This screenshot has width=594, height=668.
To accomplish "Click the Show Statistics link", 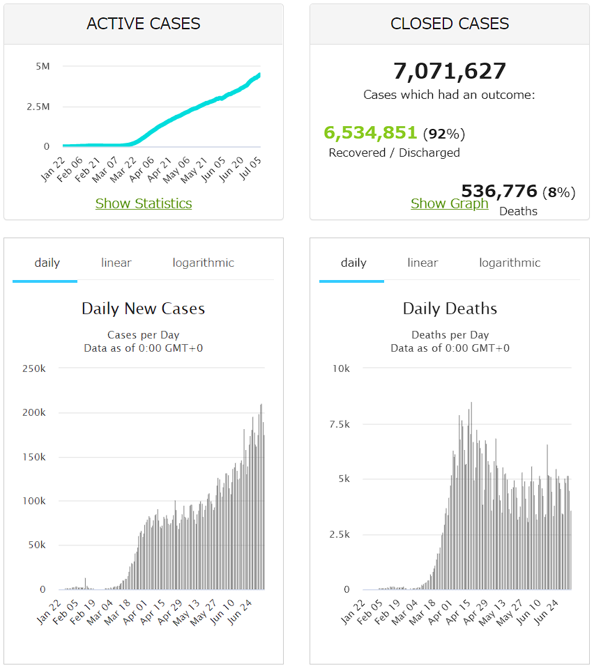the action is pos(144,203).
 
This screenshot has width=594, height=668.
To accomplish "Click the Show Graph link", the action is pos(450,203).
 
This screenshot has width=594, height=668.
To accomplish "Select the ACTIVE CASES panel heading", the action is pos(144,24).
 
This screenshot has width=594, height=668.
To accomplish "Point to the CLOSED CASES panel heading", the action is pos(450,24).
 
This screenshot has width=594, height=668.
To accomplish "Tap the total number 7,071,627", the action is pos(450,71).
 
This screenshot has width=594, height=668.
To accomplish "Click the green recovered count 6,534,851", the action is pos(370,132).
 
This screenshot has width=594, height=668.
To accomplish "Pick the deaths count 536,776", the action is pos(499,191).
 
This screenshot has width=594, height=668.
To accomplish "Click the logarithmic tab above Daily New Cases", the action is pos(203,263).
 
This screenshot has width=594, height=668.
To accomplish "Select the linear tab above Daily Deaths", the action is pos(422,263).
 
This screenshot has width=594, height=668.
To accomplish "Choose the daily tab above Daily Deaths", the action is pos(353,263).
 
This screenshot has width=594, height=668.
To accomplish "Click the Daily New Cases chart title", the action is pos(144,309).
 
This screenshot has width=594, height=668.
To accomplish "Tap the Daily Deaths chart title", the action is pos(450,309).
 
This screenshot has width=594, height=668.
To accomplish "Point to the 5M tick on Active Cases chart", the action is pos(43,66).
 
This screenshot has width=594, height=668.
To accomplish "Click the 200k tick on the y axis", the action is pos(33,412).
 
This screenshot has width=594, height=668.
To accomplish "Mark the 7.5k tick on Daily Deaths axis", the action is pos(340,424).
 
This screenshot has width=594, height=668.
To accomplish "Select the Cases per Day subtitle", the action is pos(144,335).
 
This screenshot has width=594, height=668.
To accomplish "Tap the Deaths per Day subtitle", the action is pos(450,335).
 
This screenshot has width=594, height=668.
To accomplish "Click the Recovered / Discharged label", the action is pos(394,153).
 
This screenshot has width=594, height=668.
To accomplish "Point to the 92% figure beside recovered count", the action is pos(444,134).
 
